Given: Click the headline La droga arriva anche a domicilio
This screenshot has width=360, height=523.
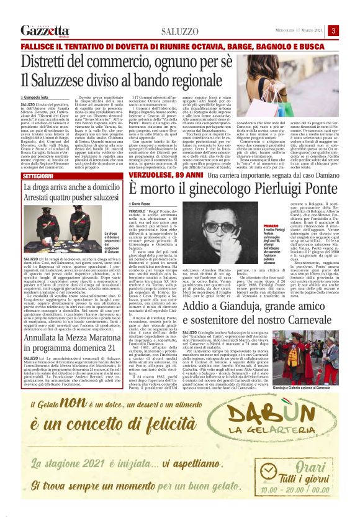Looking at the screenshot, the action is point(73,189).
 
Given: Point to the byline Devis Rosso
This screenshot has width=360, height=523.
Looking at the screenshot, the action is point(161,204).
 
